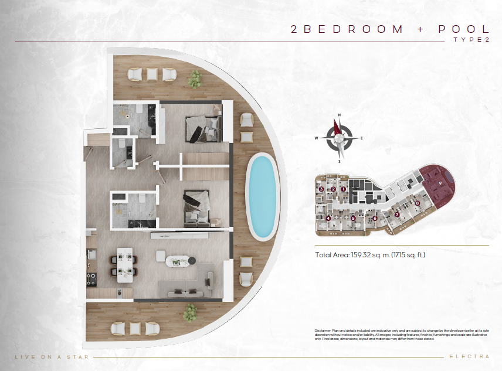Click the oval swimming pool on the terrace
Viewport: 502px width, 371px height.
coord(262,197)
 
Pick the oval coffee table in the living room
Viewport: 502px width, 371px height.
coord(179,261)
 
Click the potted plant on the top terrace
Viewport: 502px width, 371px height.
coord(195,78)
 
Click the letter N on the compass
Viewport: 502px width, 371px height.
coord(338,116)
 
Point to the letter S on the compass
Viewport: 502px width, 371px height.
coord(339,161)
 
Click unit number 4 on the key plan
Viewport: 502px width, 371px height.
coord(328,218)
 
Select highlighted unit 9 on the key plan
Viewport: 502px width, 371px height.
coord(440,182)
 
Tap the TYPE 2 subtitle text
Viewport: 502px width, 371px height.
coord(471,40)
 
